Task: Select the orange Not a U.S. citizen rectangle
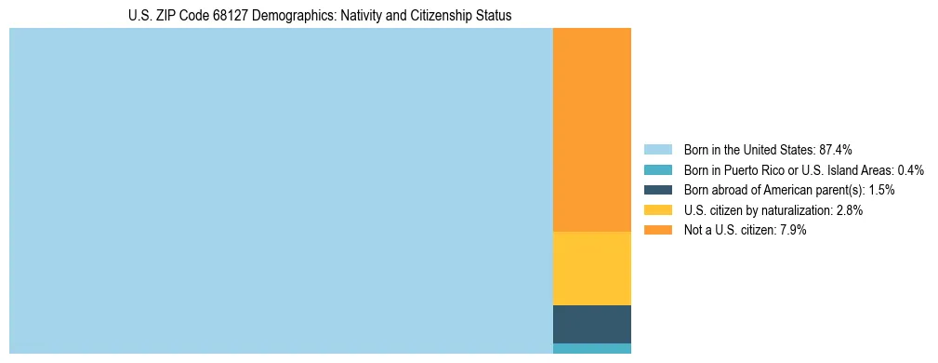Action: pyautogui.click(x=591, y=129)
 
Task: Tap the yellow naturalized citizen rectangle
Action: pyautogui.click(x=591, y=268)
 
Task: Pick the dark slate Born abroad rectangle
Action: pyautogui.click(x=591, y=324)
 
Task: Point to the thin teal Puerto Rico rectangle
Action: pyautogui.click(x=591, y=348)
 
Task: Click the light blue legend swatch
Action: pyautogui.click(x=657, y=150)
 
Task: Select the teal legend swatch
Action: pyautogui.click(x=657, y=170)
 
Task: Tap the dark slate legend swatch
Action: pyautogui.click(x=657, y=190)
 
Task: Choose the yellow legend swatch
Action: pyautogui.click(x=657, y=210)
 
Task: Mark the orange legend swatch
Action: pyautogui.click(x=657, y=230)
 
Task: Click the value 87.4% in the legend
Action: pyautogui.click(x=836, y=150)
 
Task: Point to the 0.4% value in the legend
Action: pyautogui.click(x=911, y=170)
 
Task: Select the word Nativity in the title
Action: pyautogui.click(x=368, y=16)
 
